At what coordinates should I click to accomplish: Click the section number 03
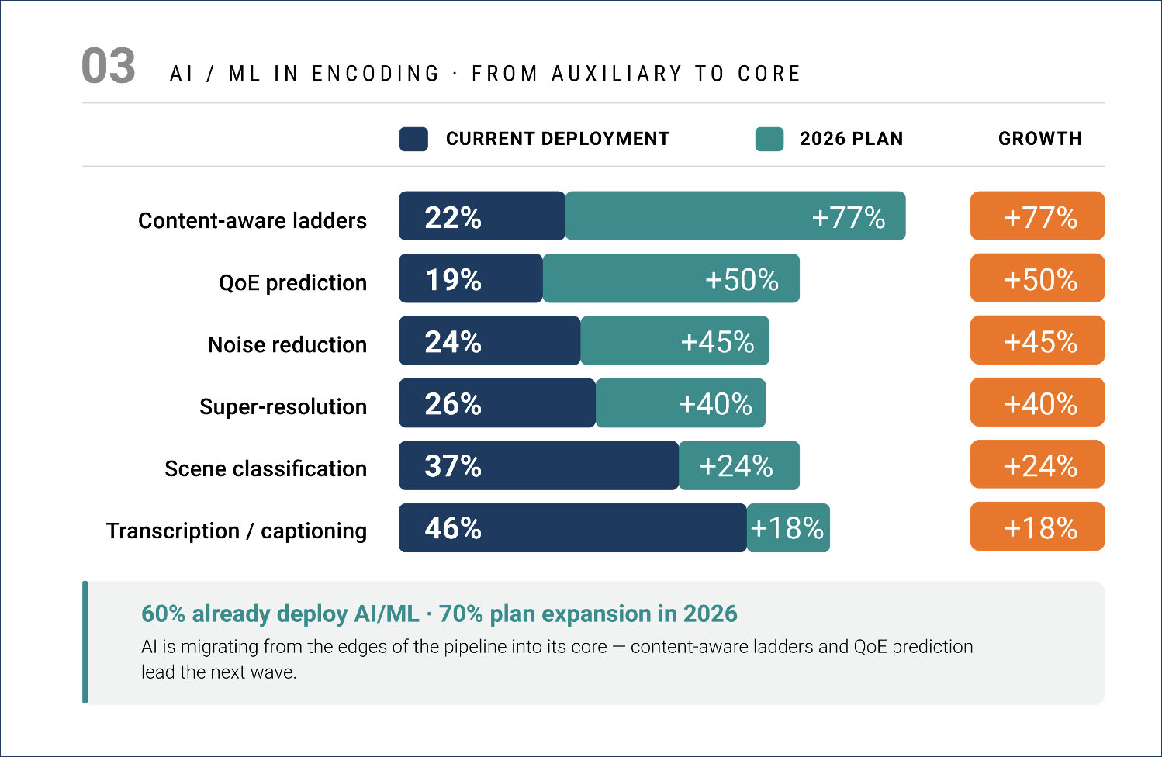(x=109, y=67)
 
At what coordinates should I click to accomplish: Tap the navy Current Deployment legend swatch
(x=413, y=139)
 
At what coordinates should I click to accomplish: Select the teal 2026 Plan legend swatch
(x=769, y=139)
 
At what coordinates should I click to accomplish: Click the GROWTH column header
(x=1039, y=139)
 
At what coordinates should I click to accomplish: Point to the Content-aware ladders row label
(x=252, y=221)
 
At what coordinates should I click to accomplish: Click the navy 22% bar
(x=482, y=216)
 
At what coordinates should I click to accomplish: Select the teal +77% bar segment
(x=735, y=216)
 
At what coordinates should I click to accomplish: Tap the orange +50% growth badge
(x=1037, y=278)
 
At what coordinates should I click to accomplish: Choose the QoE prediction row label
(x=292, y=283)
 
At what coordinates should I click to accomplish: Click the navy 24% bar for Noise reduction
(x=489, y=341)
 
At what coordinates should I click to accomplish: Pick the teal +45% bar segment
(x=675, y=341)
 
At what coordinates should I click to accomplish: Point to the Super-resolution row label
(x=283, y=407)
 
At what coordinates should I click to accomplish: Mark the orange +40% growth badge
(x=1037, y=403)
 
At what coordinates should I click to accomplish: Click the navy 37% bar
(x=538, y=465)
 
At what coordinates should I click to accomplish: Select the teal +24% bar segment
(x=739, y=465)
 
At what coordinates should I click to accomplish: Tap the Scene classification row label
(x=265, y=469)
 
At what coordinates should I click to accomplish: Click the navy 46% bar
(x=572, y=528)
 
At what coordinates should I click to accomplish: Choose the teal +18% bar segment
(x=788, y=528)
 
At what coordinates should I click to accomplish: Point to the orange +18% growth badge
(x=1037, y=527)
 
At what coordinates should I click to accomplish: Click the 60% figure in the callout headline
(x=163, y=614)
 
